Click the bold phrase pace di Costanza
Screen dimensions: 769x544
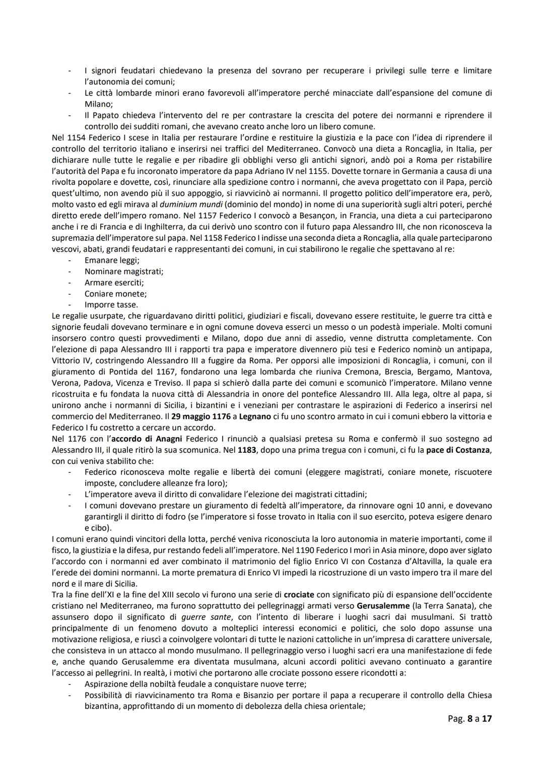tap(457, 450)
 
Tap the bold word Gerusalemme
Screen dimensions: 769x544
tap(381, 606)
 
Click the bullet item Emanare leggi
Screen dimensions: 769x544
tap(112, 260)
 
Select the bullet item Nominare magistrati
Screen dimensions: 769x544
tap(124, 271)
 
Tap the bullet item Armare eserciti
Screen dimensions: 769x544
tap(114, 283)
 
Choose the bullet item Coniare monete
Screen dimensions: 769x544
tap(115, 294)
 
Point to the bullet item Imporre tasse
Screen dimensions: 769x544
tap(111, 305)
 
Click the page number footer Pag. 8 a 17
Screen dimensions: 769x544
tap(469, 719)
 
